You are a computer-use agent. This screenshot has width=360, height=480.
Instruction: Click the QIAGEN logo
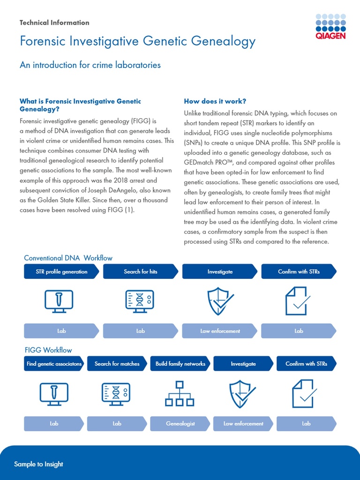330,26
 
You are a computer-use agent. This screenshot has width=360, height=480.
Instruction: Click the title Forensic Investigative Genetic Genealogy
137,41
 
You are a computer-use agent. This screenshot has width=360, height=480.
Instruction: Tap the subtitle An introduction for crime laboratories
90,65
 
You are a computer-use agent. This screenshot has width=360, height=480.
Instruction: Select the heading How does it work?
215,101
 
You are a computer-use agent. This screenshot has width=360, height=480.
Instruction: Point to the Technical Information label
54,22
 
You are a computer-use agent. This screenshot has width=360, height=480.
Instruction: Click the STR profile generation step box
61,271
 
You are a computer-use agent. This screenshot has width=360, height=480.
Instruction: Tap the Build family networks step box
180,364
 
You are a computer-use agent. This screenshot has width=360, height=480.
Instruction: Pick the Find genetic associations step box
54,364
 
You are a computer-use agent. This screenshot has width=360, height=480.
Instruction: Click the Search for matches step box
117,364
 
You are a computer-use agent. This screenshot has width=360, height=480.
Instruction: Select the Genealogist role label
180,423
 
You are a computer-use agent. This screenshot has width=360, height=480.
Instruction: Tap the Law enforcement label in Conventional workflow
220,331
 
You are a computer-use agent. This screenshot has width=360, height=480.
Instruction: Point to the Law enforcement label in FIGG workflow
243,423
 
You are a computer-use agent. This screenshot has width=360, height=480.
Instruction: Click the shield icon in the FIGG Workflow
242,394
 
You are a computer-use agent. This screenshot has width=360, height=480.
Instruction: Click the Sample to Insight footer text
38,464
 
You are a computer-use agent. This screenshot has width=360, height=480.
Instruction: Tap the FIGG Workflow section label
48,350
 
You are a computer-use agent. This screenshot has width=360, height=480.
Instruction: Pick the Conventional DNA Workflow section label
68,258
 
